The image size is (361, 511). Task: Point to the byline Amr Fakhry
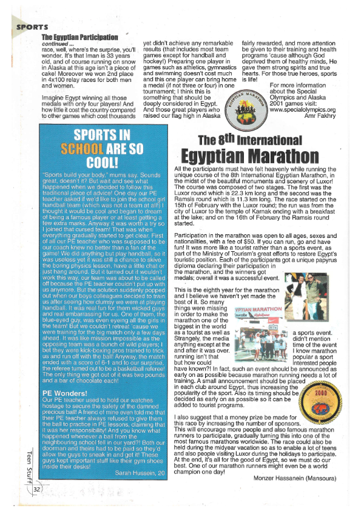(x=328, y=117)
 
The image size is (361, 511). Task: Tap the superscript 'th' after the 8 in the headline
(x=248, y=135)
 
